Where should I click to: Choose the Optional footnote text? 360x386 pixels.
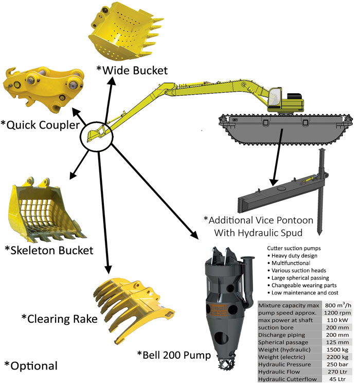[x=31, y=366]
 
